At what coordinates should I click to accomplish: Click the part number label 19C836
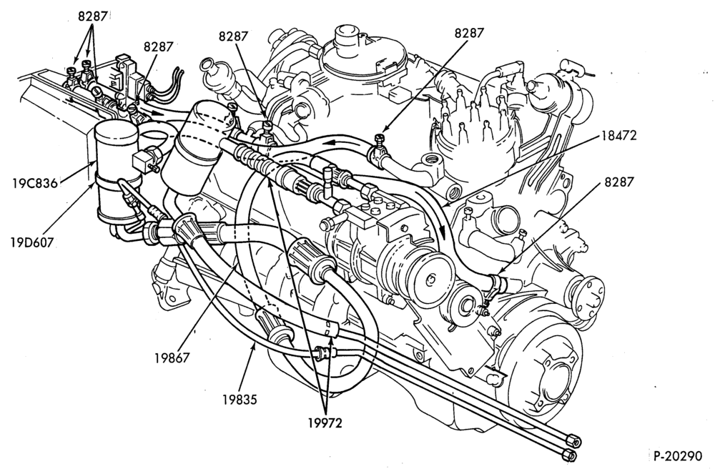[x=35, y=183]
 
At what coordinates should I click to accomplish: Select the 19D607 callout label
[x=32, y=242]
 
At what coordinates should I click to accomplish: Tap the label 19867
[x=172, y=357]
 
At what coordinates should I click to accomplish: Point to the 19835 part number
[x=240, y=399]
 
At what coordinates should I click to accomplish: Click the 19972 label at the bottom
[x=324, y=423]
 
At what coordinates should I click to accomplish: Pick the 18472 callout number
[x=618, y=135]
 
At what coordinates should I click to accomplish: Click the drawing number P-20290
[x=678, y=456]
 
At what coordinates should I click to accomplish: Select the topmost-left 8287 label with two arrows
[x=92, y=16]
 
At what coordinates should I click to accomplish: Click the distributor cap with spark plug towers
[x=474, y=130]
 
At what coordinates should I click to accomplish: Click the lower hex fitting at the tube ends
[x=568, y=455]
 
